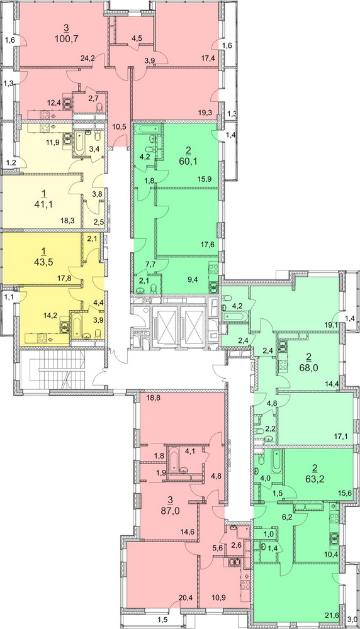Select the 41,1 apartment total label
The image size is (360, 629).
44,205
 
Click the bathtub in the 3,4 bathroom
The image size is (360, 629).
79,143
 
